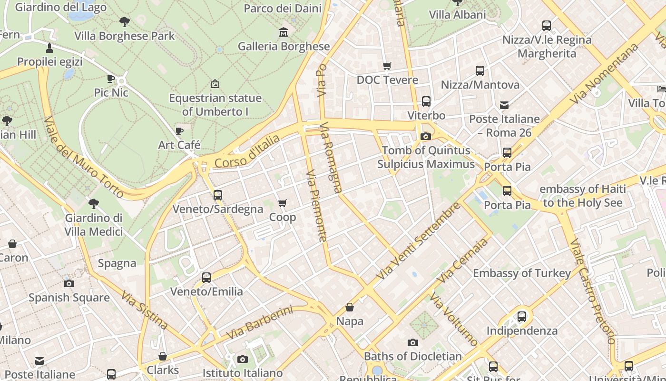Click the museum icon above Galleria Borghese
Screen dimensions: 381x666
click(x=284, y=32)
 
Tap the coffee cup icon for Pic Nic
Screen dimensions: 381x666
click(x=111, y=79)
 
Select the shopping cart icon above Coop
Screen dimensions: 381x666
click(x=282, y=203)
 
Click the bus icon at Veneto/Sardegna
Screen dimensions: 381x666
click(x=217, y=195)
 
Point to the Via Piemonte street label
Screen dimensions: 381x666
click(x=316, y=206)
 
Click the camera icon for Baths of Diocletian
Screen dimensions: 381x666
click(x=412, y=342)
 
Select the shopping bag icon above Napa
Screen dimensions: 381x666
click(x=350, y=307)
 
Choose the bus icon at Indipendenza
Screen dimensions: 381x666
click(x=521, y=316)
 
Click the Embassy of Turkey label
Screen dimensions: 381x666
click(x=521, y=273)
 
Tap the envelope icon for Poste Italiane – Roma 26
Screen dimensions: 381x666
click(x=504, y=105)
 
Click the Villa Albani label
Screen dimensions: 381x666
click(x=457, y=15)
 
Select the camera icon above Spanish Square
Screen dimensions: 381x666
click(x=69, y=284)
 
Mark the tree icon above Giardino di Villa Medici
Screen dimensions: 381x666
click(x=94, y=204)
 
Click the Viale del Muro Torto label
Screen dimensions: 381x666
click(x=84, y=157)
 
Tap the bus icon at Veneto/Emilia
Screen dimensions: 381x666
click(x=206, y=277)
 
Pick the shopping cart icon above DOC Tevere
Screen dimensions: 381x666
click(x=387, y=66)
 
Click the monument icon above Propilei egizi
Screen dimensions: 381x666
click(x=49, y=48)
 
